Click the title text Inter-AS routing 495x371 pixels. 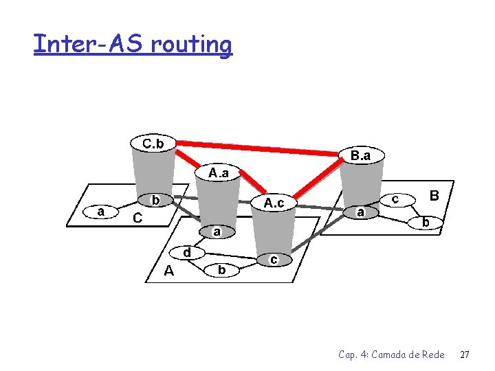pyautogui.click(x=133, y=45)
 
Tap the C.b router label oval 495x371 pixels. pyautogui.click(x=153, y=144)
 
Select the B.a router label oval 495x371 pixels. pyautogui.click(x=360, y=155)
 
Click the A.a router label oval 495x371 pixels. pyautogui.click(x=219, y=172)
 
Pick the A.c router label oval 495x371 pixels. pyautogui.click(x=274, y=203)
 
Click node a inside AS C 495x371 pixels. pyautogui.click(x=101, y=212)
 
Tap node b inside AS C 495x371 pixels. pyautogui.click(x=156, y=200)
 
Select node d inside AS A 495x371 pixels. pyautogui.click(x=187, y=252)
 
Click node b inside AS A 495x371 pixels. pyautogui.click(x=221, y=270)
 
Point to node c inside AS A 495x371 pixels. pyautogui.click(x=274, y=259)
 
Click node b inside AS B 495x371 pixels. pyautogui.click(x=426, y=223)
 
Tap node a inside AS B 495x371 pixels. pyautogui.click(x=360, y=212)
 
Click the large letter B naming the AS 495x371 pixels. pyautogui.click(x=434, y=196)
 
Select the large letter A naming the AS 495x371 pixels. pyautogui.click(x=168, y=271)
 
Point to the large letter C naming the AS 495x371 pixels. pyautogui.click(x=137, y=218)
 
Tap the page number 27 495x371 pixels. pyautogui.click(x=464, y=355)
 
